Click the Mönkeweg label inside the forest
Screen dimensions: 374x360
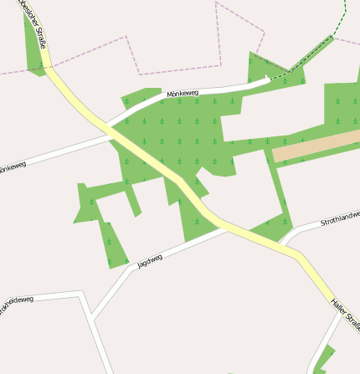tap(183, 94)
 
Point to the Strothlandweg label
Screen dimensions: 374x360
tap(339, 221)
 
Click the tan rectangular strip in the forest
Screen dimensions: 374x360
tap(316, 146)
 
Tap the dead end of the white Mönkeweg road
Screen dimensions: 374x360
tap(267, 79)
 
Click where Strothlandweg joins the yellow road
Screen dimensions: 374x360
tap(287, 246)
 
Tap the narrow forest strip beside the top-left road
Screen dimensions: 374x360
tap(33, 46)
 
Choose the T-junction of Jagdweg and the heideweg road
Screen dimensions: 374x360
tap(93, 319)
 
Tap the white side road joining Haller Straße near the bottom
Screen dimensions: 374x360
tap(314, 360)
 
